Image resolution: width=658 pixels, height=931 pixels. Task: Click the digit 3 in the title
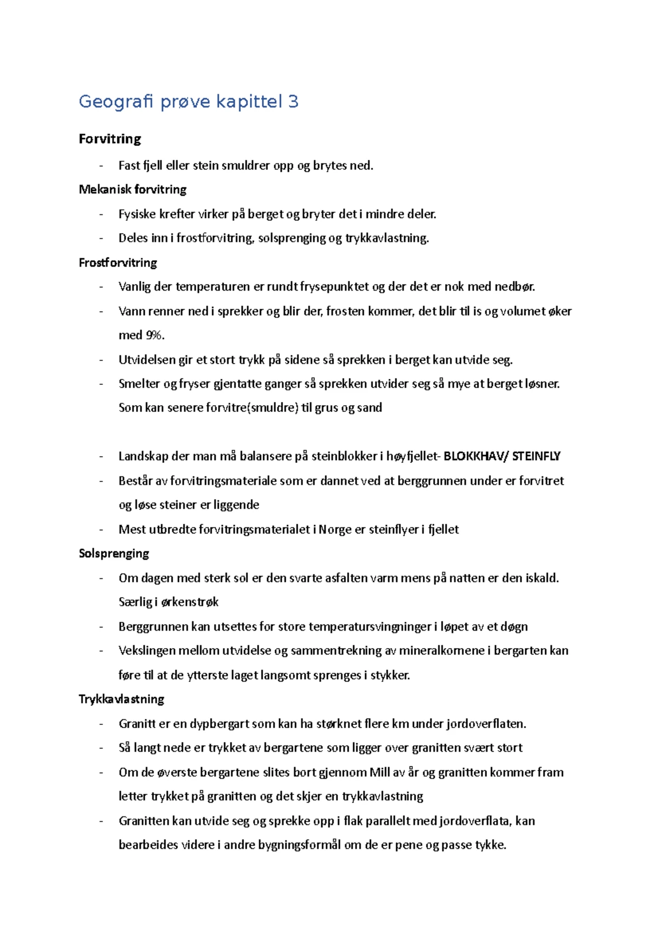tap(293, 102)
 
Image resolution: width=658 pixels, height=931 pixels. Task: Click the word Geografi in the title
tap(115, 102)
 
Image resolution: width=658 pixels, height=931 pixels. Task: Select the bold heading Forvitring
tap(110, 139)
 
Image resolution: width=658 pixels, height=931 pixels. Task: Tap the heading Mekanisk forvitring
tap(133, 190)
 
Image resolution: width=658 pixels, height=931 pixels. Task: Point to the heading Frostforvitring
tap(118, 263)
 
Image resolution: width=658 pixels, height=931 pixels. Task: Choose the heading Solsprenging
tap(114, 553)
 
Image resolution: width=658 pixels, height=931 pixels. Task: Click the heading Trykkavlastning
tap(122, 699)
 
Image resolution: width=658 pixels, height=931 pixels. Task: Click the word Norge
tap(335, 530)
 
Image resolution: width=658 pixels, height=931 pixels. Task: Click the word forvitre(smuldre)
tap(252, 408)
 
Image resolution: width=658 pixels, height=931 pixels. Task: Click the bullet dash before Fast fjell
tap(101, 166)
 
